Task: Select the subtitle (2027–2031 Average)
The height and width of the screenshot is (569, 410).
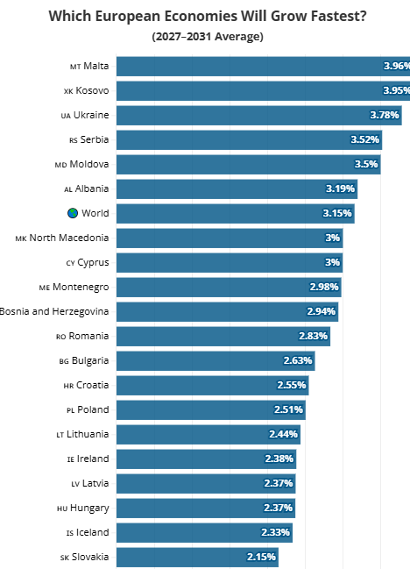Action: (208, 37)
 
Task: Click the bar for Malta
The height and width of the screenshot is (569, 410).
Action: (263, 66)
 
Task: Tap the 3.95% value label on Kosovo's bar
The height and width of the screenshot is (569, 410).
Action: (397, 90)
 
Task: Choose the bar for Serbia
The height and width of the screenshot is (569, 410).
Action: (249, 139)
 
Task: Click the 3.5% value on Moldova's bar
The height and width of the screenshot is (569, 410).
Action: (366, 164)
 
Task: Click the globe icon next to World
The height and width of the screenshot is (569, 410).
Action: (73, 213)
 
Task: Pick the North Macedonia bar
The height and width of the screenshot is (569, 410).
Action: (230, 238)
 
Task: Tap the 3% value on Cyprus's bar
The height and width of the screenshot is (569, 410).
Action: (332, 262)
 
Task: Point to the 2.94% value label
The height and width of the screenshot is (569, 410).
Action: (322, 311)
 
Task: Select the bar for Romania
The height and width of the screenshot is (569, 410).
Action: (223, 337)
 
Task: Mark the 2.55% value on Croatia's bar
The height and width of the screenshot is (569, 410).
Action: (292, 385)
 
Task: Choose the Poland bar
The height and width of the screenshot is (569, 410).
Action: (211, 410)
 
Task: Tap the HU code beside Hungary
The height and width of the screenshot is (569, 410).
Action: (62, 509)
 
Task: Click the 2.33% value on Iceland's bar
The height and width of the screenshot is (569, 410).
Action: (275, 532)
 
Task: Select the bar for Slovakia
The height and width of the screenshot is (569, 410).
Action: (197, 558)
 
